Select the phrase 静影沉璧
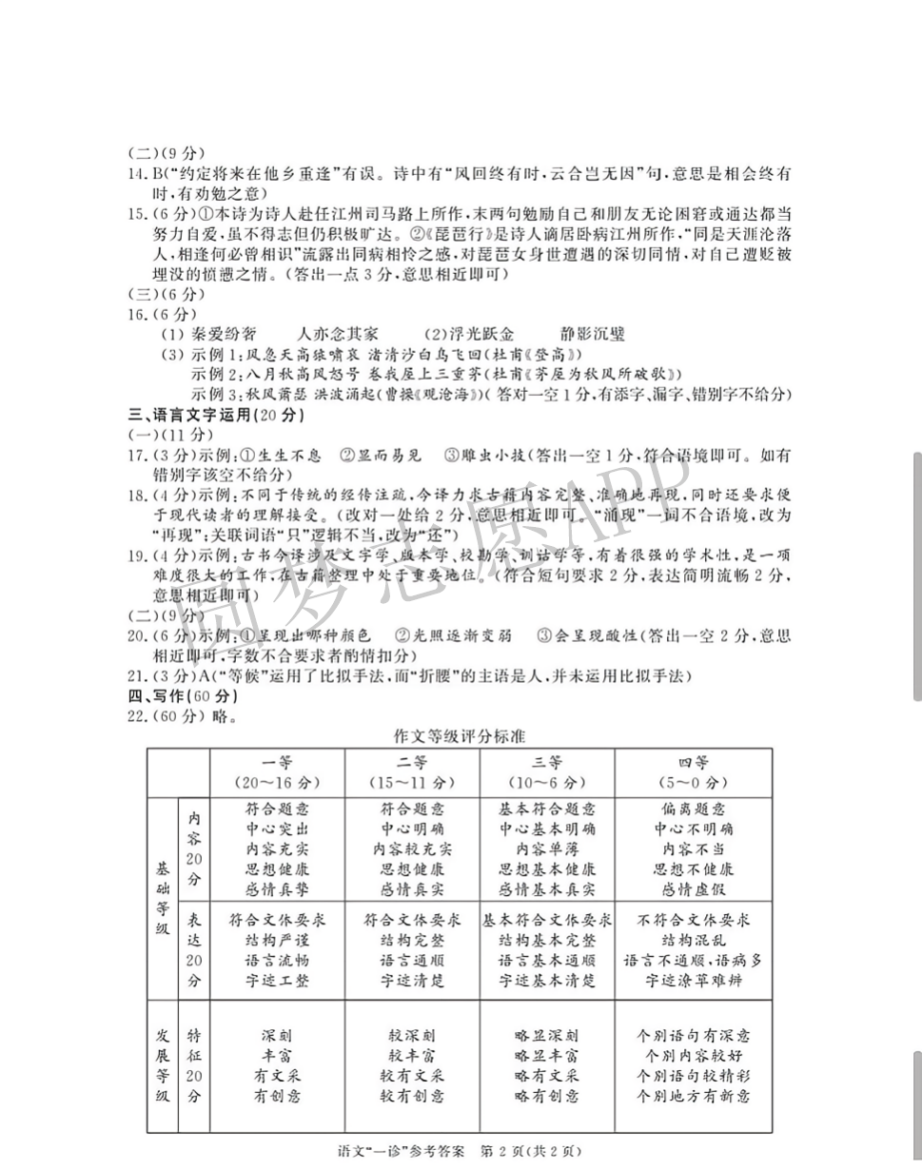[x=593, y=334]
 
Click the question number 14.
[x=137, y=174]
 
